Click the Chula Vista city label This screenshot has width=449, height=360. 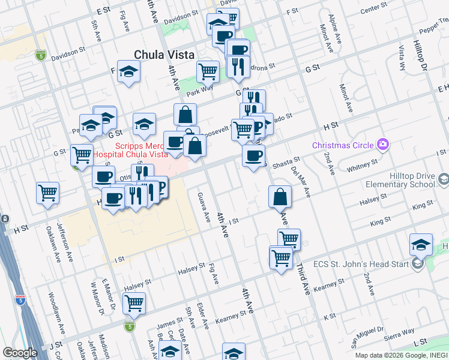(x=164, y=55)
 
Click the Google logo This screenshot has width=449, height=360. (x=20, y=353)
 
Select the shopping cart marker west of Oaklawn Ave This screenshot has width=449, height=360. (x=47, y=193)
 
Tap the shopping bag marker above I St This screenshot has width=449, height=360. (x=280, y=196)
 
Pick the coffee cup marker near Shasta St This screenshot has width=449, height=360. (x=253, y=157)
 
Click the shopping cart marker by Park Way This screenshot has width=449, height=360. (x=208, y=71)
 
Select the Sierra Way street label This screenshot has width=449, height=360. (x=400, y=331)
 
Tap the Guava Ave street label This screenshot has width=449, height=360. (x=202, y=205)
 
